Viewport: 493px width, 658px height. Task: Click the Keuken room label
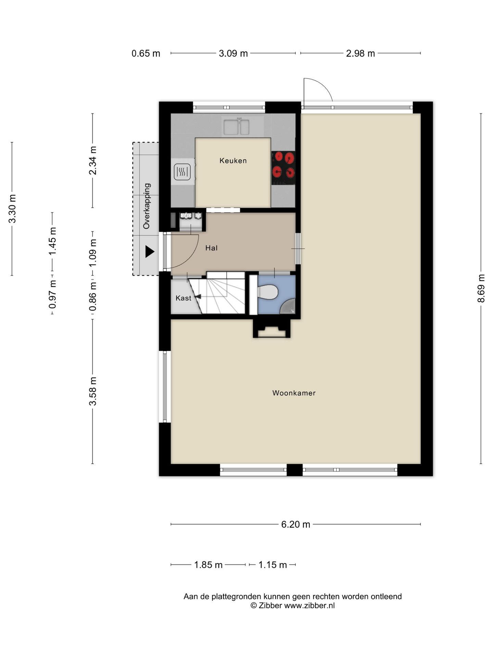coord(233,160)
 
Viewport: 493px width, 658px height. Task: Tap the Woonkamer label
coord(294,393)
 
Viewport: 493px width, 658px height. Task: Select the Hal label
coord(211,248)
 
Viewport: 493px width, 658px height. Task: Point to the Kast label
coord(183,298)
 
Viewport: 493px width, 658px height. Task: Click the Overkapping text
coord(147,206)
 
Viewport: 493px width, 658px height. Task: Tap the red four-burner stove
coord(283,168)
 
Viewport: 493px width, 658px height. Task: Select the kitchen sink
coord(236,126)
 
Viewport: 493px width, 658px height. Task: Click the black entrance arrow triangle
coord(150,252)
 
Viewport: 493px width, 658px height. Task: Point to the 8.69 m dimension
coord(481,288)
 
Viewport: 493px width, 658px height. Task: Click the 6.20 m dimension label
coord(295,524)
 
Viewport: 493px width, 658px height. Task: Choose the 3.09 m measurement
coord(233,53)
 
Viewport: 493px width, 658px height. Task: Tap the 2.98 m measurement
coord(360,53)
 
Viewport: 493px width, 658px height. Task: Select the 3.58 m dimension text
coord(93,391)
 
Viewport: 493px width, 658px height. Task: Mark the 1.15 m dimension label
coord(273,565)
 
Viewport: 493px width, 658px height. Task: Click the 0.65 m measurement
coord(146,53)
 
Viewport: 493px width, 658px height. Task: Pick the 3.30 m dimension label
coord(12,209)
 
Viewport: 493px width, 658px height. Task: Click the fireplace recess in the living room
coord(272,329)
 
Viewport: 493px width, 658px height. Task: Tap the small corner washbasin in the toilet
coord(288,306)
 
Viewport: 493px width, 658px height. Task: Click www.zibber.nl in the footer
coord(309,606)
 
